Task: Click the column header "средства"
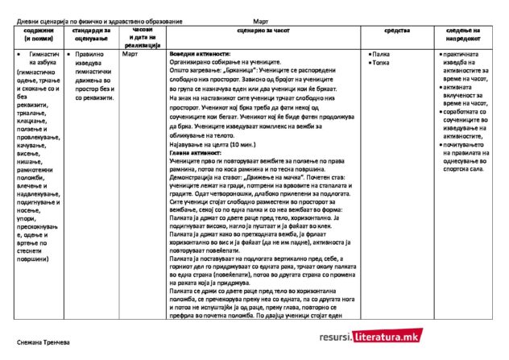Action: [399, 30]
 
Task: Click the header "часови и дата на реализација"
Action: [143, 37]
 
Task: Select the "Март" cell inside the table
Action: [130, 54]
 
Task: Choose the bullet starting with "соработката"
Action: [468, 112]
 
